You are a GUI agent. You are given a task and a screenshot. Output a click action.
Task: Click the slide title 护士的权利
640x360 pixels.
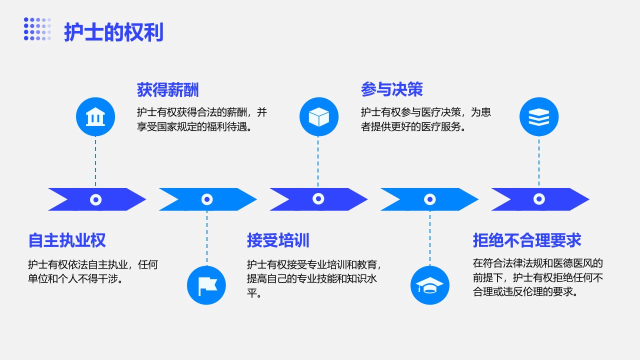coord(113,32)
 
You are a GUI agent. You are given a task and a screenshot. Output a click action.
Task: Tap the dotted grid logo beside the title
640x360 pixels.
coord(37,29)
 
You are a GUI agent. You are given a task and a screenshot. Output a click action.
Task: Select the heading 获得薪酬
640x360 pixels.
coord(167,89)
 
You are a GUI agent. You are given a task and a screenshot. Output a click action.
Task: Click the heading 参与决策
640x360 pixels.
coord(391,89)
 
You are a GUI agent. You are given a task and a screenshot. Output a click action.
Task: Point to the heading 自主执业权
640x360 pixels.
coord(67,240)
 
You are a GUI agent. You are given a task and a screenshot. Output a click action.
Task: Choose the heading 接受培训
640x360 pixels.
coord(278,240)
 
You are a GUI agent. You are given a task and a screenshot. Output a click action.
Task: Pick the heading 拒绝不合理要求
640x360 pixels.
coord(527,240)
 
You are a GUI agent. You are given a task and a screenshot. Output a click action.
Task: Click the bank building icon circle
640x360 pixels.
coord(95,116)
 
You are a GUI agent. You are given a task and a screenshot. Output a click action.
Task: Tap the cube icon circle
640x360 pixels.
coord(319,116)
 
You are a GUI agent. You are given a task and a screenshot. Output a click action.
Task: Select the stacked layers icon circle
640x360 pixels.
coord(539,116)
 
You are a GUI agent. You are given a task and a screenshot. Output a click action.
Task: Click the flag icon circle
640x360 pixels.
coord(206,285)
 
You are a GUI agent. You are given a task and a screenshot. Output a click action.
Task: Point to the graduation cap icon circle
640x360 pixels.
coord(429,285)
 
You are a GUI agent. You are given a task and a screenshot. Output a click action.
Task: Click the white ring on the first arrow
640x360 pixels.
coord(95,199)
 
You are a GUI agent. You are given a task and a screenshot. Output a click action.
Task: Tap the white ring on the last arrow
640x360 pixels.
coord(539,199)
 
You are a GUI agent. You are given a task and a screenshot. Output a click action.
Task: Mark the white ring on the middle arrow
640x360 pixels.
coord(318,198)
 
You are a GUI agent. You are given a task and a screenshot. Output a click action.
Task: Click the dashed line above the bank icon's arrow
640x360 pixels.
coord(95,162)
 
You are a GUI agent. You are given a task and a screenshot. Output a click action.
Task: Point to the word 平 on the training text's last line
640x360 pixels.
coord(252,293)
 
